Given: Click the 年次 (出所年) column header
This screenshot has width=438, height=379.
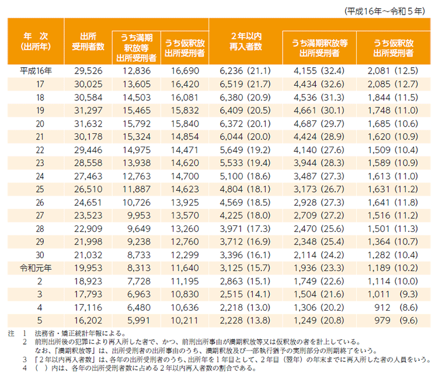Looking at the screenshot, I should [x=36, y=40].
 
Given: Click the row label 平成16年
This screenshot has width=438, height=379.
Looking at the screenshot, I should [x=36, y=71].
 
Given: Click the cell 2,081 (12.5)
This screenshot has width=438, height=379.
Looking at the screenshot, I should [x=392, y=71].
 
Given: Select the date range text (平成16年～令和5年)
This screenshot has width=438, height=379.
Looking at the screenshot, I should [x=385, y=10].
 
